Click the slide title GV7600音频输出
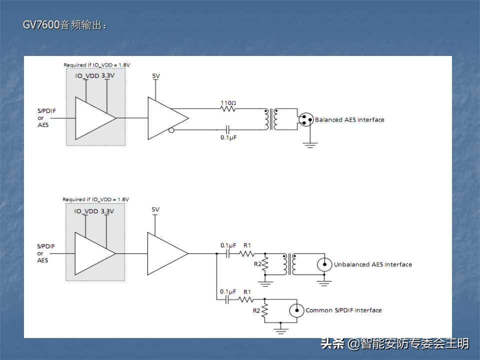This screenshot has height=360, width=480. click(65, 25)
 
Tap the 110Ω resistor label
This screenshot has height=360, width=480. click(228, 102)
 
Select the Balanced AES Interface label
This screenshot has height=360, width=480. click(349, 120)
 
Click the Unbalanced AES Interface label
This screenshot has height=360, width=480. click(373, 264)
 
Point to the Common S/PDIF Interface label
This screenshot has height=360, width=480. click(343, 310)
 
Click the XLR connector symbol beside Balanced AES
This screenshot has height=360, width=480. click(305, 119)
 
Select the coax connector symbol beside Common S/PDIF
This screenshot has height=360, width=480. click(297, 310)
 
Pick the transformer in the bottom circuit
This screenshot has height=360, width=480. click(289, 264)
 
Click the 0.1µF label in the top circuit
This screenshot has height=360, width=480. click(228, 137)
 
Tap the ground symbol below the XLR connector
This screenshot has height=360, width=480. click(311, 144)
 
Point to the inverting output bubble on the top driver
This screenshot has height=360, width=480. click(171, 131)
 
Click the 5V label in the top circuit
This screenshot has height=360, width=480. click(155, 76)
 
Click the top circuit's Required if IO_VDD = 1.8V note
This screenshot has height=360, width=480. click(96, 65)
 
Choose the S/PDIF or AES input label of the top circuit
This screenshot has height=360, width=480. click(43, 118)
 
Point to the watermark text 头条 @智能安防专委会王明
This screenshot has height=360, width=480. click(394, 343)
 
